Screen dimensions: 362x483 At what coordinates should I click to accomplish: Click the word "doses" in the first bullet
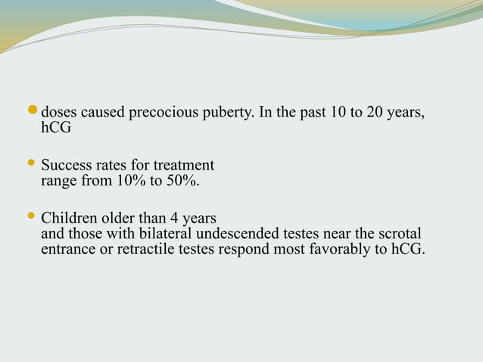click(58, 114)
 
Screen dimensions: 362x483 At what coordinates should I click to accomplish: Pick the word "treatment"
click(184, 165)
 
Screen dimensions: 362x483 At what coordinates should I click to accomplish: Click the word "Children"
click(69, 217)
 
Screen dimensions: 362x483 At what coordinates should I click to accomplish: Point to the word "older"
click(120, 217)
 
